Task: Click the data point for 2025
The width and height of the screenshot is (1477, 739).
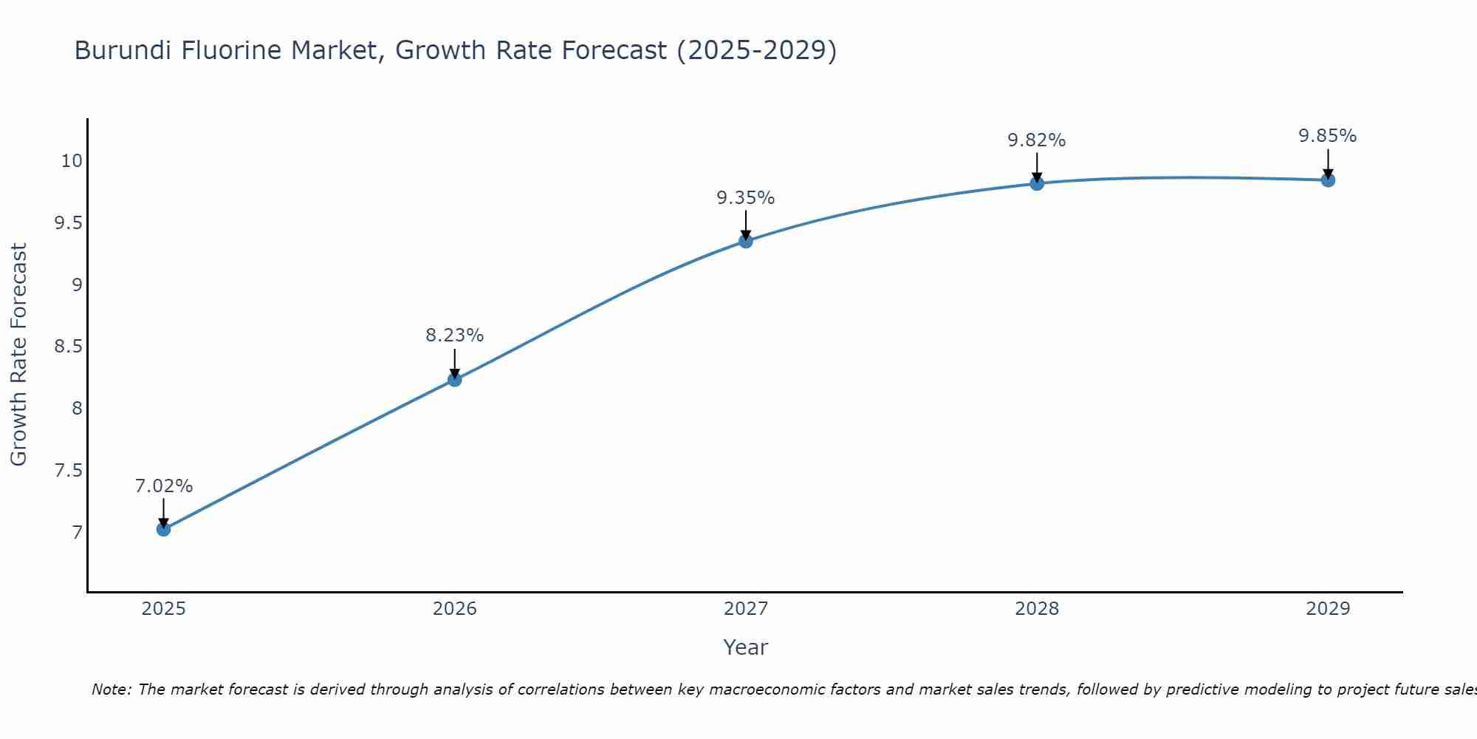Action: tap(164, 529)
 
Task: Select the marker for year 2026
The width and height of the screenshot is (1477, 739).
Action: tap(455, 380)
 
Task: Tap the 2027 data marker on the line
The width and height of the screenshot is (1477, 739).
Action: tap(746, 241)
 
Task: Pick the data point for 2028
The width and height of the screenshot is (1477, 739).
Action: tap(1037, 183)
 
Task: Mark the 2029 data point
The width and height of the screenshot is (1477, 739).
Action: tap(1328, 180)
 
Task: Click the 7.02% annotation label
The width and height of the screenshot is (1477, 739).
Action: tap(164, 486)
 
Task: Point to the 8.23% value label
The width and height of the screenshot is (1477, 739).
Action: tap(455, 336)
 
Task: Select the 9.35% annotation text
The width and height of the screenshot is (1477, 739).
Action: tap(746, 198)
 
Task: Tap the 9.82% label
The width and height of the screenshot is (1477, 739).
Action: tap(1037, 140)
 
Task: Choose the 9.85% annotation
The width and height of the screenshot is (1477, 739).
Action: tap(1328, 136)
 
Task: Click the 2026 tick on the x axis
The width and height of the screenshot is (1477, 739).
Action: tap(455, 609)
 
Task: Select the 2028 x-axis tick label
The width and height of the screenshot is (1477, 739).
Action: tap(1037, 609)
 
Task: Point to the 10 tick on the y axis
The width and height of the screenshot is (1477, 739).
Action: tap(72, 161)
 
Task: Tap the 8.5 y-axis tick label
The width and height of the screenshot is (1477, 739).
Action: tap(68, 347)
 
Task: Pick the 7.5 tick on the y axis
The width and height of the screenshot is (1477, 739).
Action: tap(68, 471)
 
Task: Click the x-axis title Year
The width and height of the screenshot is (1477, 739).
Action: tap(746, 647)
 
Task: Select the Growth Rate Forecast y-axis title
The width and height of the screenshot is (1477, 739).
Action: tap(18, 355)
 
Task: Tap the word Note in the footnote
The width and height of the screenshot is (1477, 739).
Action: tap(111, 689)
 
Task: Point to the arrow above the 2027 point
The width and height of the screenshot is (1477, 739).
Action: tap(746, 224)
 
